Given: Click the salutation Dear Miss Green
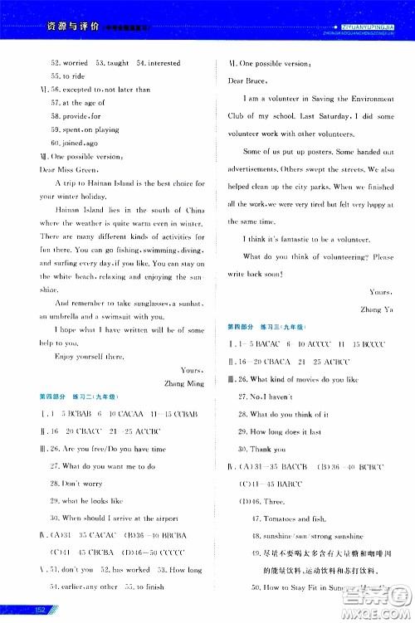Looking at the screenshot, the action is click(x=66, y=168).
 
